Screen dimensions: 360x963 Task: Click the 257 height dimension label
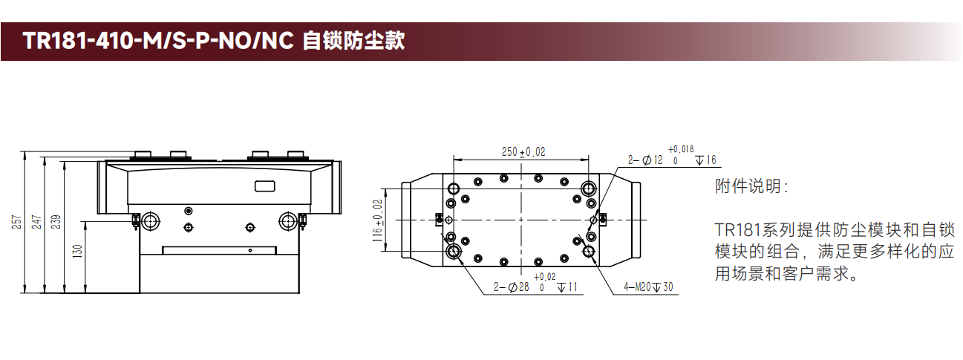point(17,222)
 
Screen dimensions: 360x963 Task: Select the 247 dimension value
point(38,222)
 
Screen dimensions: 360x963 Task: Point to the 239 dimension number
point(58,222)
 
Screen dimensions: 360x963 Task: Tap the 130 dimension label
point(77,252)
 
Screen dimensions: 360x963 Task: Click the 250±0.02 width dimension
point(523,151)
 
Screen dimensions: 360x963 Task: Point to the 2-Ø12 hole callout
point(645,160)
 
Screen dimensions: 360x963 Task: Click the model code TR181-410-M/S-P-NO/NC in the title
point(159,41)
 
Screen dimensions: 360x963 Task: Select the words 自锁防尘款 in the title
point(353,41)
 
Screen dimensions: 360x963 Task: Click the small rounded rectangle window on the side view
point(264,186)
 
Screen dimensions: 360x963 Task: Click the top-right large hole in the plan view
point(589,186)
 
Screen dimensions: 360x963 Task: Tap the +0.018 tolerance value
point(682,148)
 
